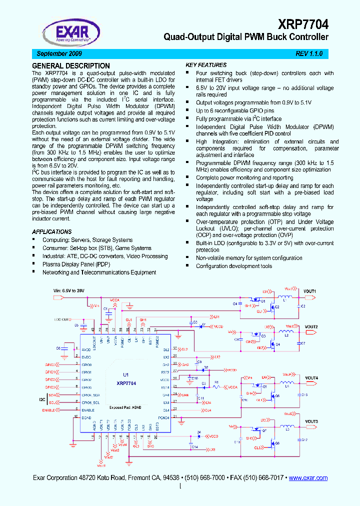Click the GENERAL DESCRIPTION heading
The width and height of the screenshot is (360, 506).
coord(71,65)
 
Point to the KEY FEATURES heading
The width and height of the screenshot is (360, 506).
coord(206,65)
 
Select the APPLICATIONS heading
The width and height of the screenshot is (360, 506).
coord(52,232)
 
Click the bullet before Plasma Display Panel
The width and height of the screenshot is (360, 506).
coord(34,263)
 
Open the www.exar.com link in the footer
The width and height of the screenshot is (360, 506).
coord(308,478)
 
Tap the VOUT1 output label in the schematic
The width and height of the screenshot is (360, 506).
coord(310,291)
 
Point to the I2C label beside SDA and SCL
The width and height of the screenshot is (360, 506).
coord(42,399)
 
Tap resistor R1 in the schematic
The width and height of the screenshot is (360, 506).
coord(216,382)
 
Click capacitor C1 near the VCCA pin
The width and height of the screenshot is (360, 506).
coord(106,310)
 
